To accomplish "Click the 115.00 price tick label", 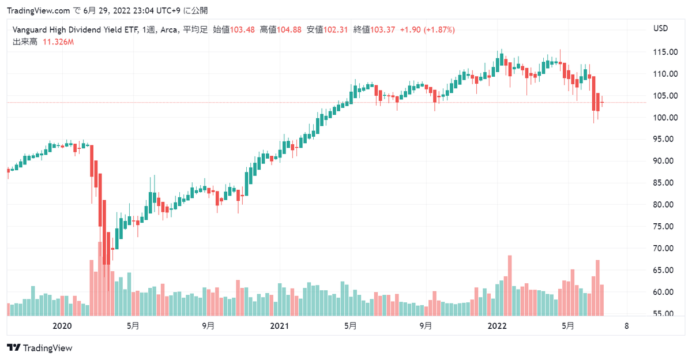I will [x=665, y=52].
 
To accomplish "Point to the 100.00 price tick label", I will [x=665, y=117].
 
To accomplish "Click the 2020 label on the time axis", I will [x=62, y=326].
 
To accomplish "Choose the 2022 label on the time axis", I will [x=497, y=326].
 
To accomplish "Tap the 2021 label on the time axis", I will [x=279, y=326].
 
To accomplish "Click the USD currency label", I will [x=660, y=29].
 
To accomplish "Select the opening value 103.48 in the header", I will [x=243, y=30].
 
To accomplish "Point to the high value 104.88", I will [x=289, y=30].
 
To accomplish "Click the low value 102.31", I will [x=336, y=30].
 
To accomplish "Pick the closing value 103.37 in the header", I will [x=383, y=30].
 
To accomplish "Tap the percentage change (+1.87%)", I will [x=439, y=30].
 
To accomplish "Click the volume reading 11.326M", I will [x=58, y=42].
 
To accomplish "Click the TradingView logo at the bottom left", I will [x=40, y=348].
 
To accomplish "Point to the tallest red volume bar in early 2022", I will [x=510, y=285].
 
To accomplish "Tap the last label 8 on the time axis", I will [x=627, y=326].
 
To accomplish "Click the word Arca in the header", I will [x=169, y=30].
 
